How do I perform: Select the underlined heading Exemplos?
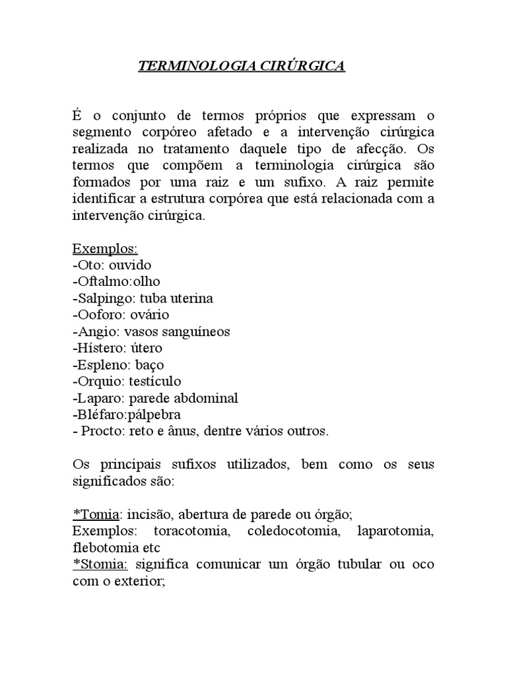105,249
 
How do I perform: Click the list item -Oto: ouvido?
112,265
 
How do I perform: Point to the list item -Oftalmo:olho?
116,282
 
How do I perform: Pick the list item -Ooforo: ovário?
121,315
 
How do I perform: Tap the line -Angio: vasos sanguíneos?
151,331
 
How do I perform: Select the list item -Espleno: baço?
118,364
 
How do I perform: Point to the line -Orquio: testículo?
127,381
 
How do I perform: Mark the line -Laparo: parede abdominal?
155,398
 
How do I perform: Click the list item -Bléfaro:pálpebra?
127,415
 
